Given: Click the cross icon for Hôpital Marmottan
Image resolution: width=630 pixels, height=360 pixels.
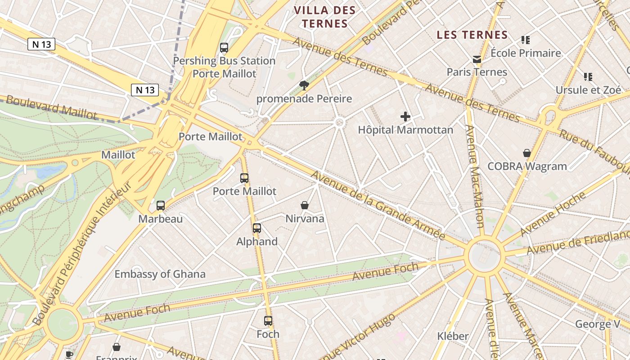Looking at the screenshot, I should pyautogui.click(x=405, y=117).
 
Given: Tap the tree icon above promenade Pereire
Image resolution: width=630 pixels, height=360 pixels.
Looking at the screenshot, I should pyautogui.click(x=304, y=85).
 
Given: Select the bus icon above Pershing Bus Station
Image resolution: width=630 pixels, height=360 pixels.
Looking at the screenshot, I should pyautogui.click(x=224, y=48).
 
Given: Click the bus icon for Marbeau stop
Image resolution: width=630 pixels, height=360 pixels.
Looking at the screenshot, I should pyautogui.click(x=161, y=206).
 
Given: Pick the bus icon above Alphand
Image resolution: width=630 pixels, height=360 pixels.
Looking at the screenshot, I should pyautogui.click(x=257, y=228).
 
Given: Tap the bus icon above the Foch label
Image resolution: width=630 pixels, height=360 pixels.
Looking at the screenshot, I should pyautogui.click(x=268, y=321).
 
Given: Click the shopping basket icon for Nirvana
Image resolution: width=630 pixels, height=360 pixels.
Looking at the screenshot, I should pyautogui.click(x=305, y=205).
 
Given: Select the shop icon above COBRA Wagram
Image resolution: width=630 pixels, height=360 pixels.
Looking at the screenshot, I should pyautogui.click(x=527, y=153).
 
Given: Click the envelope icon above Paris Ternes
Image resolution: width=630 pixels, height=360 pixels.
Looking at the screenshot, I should pyautogui.click(x=477, y=59).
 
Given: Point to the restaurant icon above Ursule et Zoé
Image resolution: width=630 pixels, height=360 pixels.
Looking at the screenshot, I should pyautogui.click(x=588, y=77).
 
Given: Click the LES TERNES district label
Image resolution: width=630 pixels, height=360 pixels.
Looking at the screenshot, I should pyautogui.click(x=472, y=35).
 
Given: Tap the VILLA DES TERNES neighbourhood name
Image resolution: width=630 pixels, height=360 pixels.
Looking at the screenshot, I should pyautogui.click(x=324, y=17).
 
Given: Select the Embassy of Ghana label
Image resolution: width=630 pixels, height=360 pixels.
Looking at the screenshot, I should pyautogui.click(x=160, y=274).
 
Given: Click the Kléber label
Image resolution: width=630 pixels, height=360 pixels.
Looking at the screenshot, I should pyautogui.click(x=453, y=336).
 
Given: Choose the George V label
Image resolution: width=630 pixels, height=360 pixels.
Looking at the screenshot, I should pyautogui.click(x=598, y=324).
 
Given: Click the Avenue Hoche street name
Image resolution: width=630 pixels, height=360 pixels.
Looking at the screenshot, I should pyautogui.click(x=553, y=213).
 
